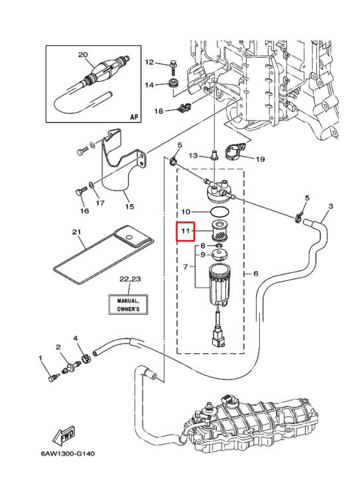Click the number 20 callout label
83,55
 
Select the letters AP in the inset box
135,117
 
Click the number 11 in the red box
186,231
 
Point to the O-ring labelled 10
220,211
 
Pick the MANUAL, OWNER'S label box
128,305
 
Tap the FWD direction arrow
64,435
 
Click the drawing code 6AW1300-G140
68,453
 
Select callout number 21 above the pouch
76,233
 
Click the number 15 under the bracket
129,207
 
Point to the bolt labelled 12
173,66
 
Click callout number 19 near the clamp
260,159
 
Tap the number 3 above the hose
331,206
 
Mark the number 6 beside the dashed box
256,273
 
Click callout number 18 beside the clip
158,111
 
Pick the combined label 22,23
130,279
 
